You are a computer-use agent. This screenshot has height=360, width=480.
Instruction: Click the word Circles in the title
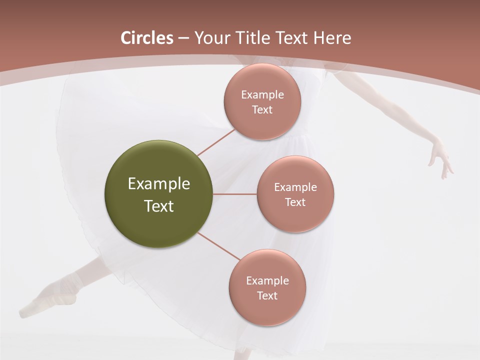click(147, 38)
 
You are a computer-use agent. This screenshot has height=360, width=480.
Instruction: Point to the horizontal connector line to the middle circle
click(234, 194)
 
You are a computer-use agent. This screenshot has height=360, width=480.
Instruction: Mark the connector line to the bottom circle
click(218, 245)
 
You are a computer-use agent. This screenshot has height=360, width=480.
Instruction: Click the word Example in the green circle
click(159, 184)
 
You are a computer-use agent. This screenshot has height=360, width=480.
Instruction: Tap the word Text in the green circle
click(159, 206)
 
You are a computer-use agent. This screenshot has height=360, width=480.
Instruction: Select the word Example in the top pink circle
click(262, 95)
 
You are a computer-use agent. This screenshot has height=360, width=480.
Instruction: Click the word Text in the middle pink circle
click(295, 202)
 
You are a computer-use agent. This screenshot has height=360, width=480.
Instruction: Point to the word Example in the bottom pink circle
click(267, 281)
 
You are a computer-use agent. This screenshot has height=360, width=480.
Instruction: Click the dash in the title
click(183, 38)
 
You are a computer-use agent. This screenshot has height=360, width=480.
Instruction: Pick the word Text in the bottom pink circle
click(267, 296)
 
